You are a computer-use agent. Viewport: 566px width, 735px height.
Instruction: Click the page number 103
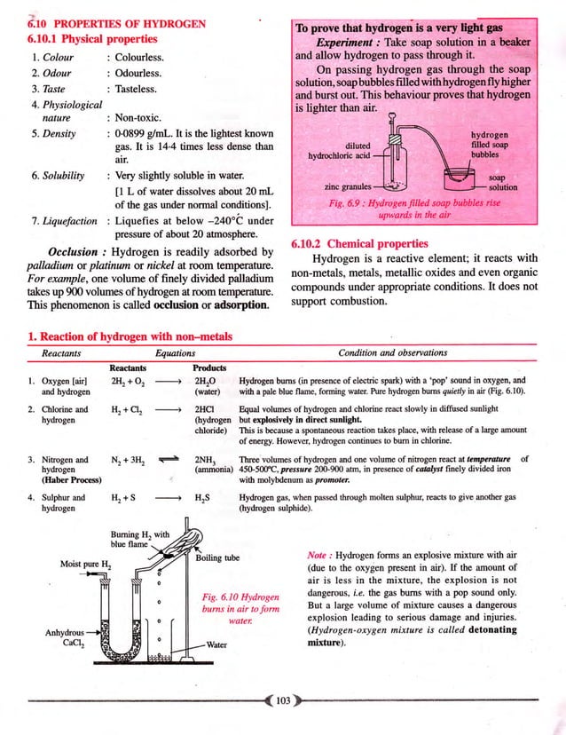tap(283, 701)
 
